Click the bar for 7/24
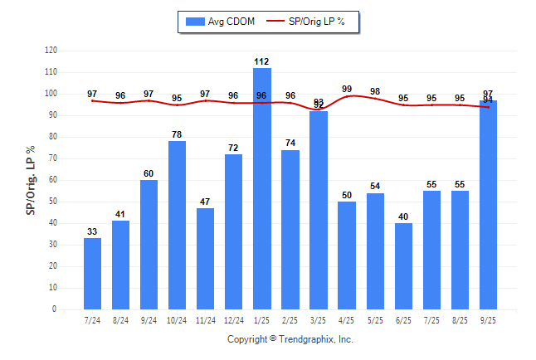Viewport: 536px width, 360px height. (92, 274)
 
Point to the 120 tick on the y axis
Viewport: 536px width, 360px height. (51, 51)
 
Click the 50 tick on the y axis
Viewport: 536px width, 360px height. (53, 202)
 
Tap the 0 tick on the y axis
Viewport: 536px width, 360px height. (55, 309)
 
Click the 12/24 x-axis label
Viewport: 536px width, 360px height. (233, 319)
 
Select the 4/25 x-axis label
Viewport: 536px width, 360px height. (347, 319)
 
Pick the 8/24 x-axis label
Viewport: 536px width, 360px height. (120, 319)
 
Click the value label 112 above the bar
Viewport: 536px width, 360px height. (262, 61)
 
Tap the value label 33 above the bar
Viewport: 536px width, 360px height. (92, 231)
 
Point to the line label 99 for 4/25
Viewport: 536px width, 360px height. (347, 89)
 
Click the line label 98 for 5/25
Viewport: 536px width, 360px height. (375, 91)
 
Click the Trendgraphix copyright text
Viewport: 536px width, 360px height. (290, 339)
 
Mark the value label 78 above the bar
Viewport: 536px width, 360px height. (177, 134)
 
